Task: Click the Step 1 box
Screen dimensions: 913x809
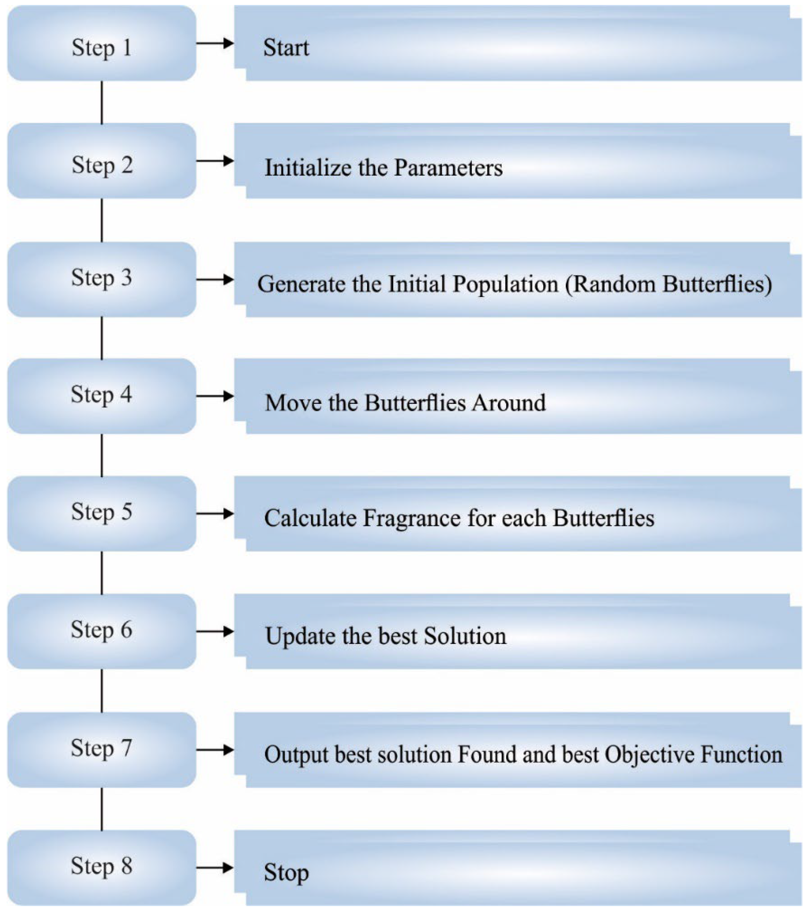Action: point(102,43)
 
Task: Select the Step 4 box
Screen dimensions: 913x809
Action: point(102,396)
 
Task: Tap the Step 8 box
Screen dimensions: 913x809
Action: point(102,868)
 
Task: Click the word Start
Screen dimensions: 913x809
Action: point(286,48)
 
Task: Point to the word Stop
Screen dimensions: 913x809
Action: point(286,873)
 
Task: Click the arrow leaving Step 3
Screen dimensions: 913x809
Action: point(215,280)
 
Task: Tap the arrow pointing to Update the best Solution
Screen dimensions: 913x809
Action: point(215,631)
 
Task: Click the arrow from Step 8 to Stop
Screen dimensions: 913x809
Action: point(215,868)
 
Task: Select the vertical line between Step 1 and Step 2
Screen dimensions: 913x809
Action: point(102,102)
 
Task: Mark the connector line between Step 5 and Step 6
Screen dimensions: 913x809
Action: point(102,572)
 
